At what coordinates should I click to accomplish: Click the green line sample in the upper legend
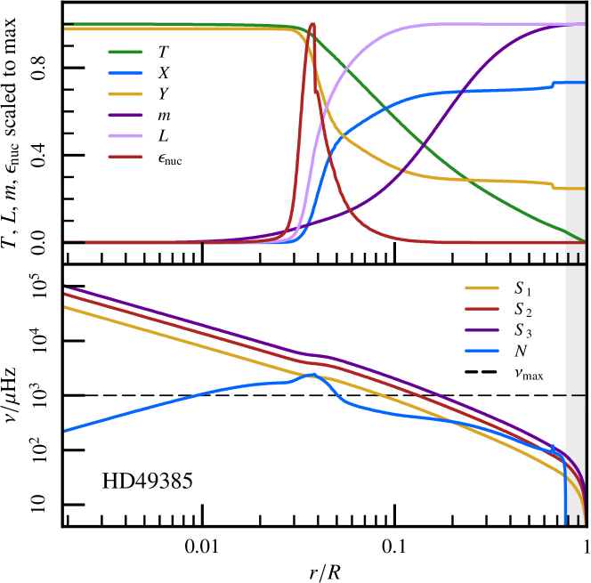click(x=125, y=52)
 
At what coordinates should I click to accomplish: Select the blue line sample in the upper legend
click(x=125, y=73)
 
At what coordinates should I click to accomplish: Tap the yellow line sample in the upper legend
click(x=125, y=93)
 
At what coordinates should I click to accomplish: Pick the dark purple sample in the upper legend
click(x=125, y=115)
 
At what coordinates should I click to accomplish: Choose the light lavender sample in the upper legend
click(x=125, y=135)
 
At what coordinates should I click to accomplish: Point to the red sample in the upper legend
click(x=125, y=157)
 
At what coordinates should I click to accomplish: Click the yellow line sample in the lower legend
click(x=482, y=287)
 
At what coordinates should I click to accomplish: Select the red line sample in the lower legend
click(x=482, y=309)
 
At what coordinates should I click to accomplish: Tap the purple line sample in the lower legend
click(x=482, y=330)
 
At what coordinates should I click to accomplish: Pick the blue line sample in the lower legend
click(x=482, y=351)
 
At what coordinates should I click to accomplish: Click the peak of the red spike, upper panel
click(x=312, y=25)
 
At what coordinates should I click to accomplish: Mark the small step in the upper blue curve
click(x=553, y=85)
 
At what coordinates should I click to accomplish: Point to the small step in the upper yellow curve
click(x=553, y=186)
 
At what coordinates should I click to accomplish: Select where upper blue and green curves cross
click(x=385, y=109)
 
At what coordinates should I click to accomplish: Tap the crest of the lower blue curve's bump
click(x=312, y=375)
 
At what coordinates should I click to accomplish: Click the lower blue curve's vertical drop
click(x=565, y=494)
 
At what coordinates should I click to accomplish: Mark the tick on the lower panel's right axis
click(x=578, y=394)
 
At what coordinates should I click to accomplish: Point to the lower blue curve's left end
click(x=65, y=431)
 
